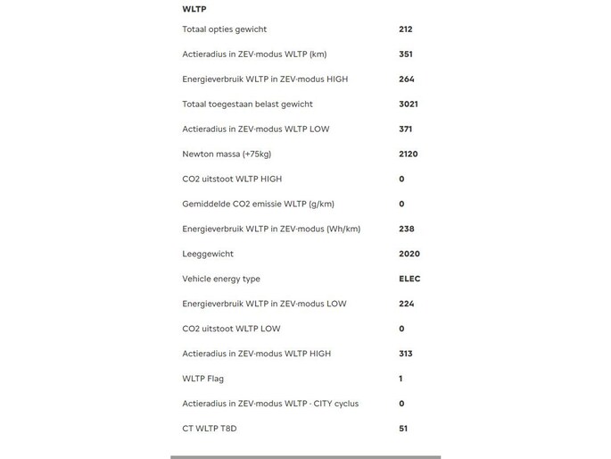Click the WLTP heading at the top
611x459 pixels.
(194, 9)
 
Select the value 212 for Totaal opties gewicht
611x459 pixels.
(405, 29)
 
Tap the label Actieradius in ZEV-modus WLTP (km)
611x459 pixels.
(254, 54)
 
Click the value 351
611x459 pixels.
(405, 54)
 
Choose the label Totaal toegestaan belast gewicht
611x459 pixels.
(247, 104)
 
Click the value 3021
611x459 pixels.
(408, 104)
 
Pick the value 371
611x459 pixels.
(405, 129)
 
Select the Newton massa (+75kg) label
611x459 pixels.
(227, 154)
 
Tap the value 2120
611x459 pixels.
(408, 154)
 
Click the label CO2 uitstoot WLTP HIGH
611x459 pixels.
(232, 179)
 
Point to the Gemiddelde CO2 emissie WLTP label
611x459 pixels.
(258, 204)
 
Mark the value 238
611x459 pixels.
(406, 229)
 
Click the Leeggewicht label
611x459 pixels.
(208, 255)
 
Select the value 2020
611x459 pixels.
(409, 255)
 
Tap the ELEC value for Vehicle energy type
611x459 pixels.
(409, 280)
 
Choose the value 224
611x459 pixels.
(406, 305)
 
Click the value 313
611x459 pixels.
(405, 355)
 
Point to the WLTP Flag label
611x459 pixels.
(202, 380)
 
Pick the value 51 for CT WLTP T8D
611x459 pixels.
(403, 430)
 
